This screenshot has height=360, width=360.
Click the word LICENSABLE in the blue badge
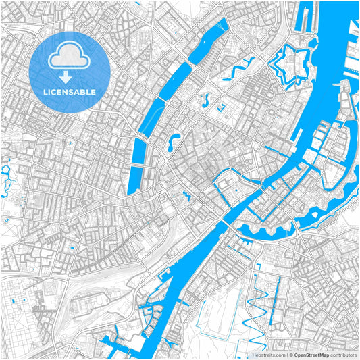coord(70,91)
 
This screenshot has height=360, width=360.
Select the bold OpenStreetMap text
coord(311,354)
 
